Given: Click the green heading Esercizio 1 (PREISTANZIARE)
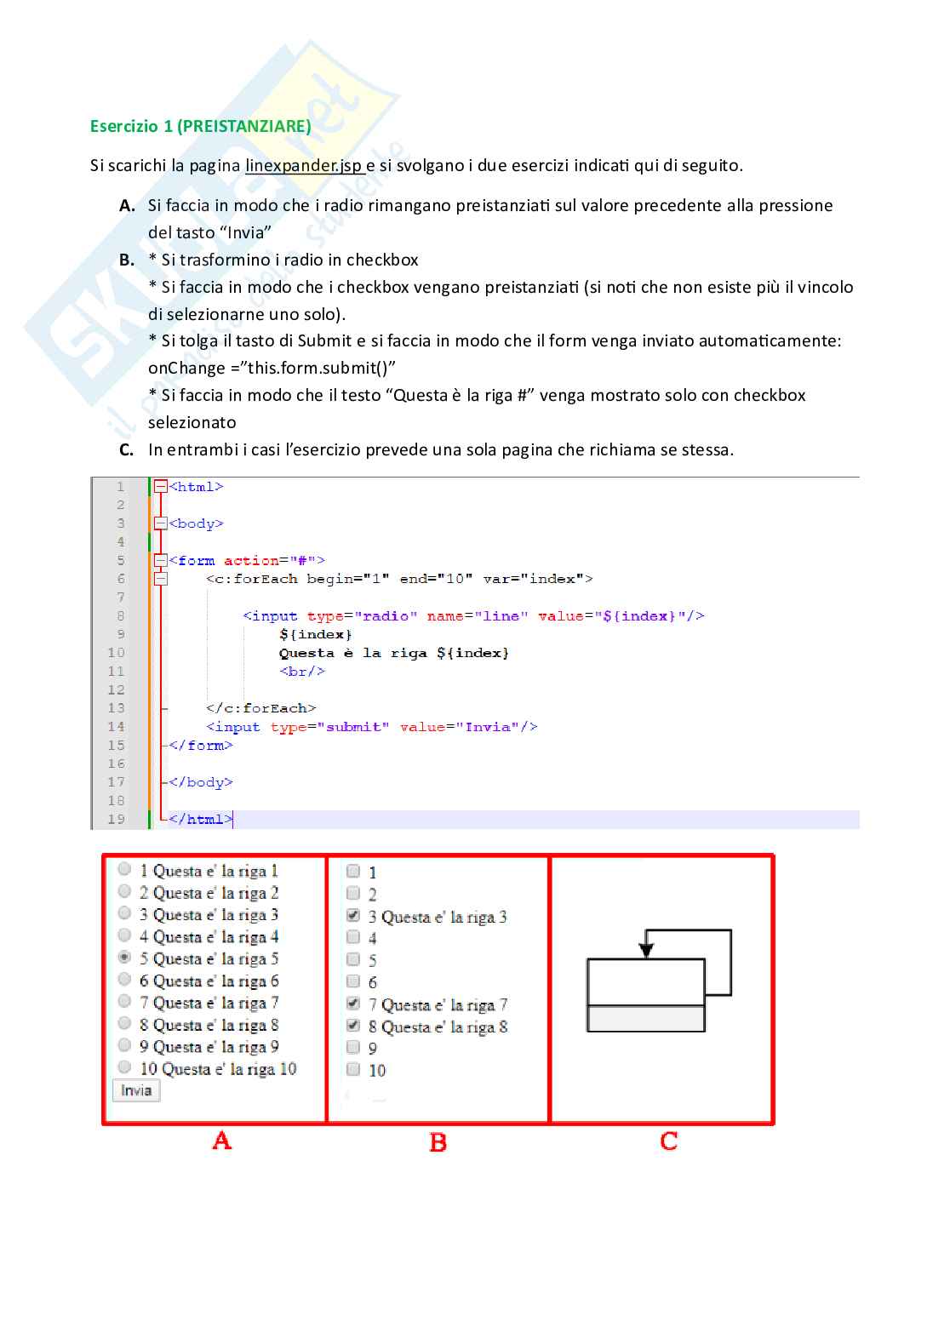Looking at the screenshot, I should pos(200,126).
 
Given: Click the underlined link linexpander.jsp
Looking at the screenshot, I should pos(304,165).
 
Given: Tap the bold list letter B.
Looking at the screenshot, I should pos(127,260).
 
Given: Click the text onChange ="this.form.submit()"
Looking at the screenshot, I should pos(272,368).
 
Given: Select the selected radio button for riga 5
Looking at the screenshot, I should pos(125,958).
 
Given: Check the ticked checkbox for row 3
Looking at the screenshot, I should pos(353,916).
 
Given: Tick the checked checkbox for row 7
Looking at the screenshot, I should pos(353,1004).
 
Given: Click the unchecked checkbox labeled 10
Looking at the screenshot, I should pos(353,1070).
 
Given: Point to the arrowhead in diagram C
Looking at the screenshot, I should pos(646,949).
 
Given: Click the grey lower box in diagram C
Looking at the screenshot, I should pos(646,1019).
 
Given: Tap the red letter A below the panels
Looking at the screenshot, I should pos(221,1141).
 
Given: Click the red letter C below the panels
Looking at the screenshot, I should pos(668,1141).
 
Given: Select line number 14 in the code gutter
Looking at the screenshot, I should pos(117,727).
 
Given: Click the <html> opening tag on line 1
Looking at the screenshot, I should pos(196,487).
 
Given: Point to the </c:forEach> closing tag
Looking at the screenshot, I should pos(260,708).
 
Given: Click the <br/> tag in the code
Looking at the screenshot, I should pos(302,672).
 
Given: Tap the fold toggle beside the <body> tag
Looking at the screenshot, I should pos(161,523).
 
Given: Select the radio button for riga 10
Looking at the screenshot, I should pos(125,1067).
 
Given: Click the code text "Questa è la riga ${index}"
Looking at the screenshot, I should pos(393,653).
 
